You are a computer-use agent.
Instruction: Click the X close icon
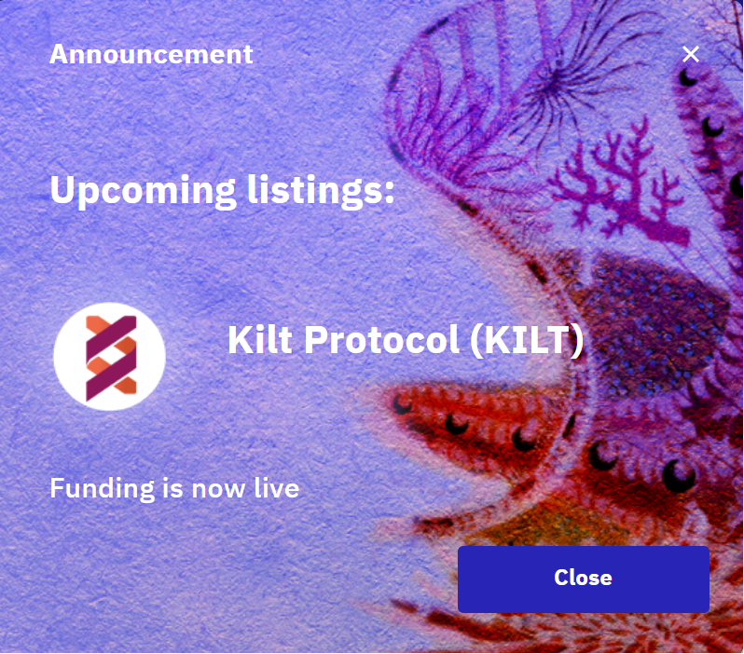tap(690, 54)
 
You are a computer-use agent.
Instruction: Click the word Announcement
tap(151, 54)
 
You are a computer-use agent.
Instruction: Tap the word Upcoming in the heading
tap(143, 190)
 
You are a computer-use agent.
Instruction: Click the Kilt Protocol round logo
tap(109, 357)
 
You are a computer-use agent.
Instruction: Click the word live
tap(277, 487)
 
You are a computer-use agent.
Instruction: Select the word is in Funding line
tap(172, 487)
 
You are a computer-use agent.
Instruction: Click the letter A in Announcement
tap(59, 54)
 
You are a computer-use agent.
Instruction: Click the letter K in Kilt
tap(239, 341)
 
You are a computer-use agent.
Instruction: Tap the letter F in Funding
tap(57, 487)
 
